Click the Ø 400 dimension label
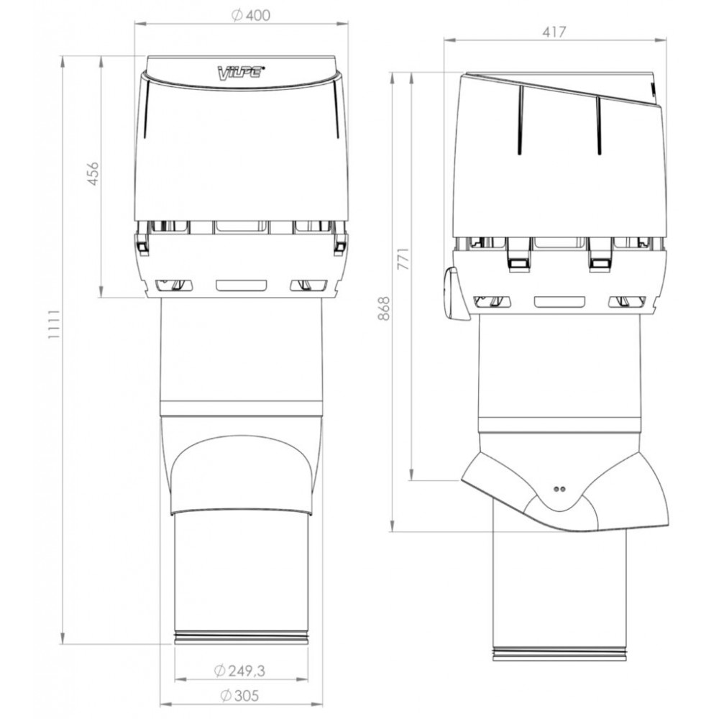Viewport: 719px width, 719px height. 251,15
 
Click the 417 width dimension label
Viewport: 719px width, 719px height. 554,32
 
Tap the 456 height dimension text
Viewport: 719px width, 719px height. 93,173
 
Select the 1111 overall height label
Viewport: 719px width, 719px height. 55,324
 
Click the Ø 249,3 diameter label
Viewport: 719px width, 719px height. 239,671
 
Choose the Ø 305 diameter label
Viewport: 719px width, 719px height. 239,695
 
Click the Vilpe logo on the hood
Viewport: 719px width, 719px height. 239,71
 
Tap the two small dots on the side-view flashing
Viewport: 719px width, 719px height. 559,489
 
